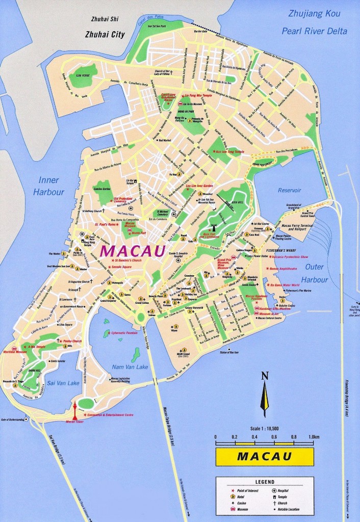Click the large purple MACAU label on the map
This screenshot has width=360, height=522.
coord(133,251)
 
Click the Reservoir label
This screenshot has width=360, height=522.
coord(291,190)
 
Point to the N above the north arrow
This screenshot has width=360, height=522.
coord(264,377)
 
